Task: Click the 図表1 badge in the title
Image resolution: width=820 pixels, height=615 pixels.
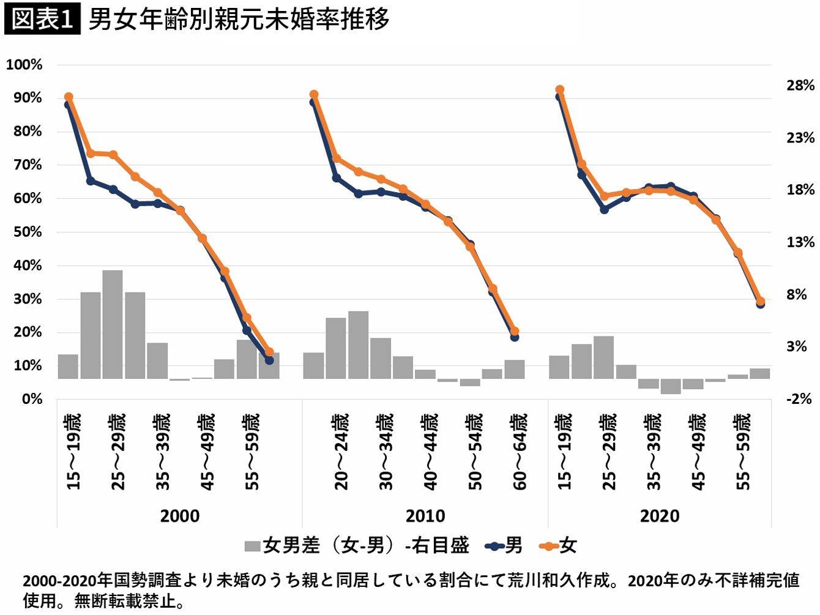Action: [42, 19]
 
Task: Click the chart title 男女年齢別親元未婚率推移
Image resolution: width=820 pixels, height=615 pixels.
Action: [239, 19]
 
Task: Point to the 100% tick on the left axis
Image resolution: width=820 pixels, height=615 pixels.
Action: [24, 65]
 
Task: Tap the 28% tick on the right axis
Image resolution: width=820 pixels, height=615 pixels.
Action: [800, 86]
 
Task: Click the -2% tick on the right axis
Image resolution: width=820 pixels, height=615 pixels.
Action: [799, 399]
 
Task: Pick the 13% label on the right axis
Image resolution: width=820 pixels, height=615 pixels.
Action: [800, 242]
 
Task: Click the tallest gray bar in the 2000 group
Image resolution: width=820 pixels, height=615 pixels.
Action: [113, 324]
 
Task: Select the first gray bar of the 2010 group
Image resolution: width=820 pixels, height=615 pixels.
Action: [313, 365]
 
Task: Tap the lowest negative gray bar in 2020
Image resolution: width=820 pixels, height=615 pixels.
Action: [671, 386]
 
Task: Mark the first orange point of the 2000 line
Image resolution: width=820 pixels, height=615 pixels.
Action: [69, 97]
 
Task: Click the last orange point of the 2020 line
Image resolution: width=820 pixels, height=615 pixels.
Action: [761, 301]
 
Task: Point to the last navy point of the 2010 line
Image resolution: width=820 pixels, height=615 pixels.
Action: [515, 337]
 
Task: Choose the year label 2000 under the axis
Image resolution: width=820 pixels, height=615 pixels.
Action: [179, 516]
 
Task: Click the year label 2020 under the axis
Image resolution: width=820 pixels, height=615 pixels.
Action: [659, 516]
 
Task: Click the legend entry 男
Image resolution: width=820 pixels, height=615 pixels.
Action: [504, 545]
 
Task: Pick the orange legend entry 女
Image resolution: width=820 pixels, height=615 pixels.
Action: [558, 545]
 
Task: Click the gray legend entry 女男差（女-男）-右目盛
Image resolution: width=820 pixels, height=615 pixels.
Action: [357, 545]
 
